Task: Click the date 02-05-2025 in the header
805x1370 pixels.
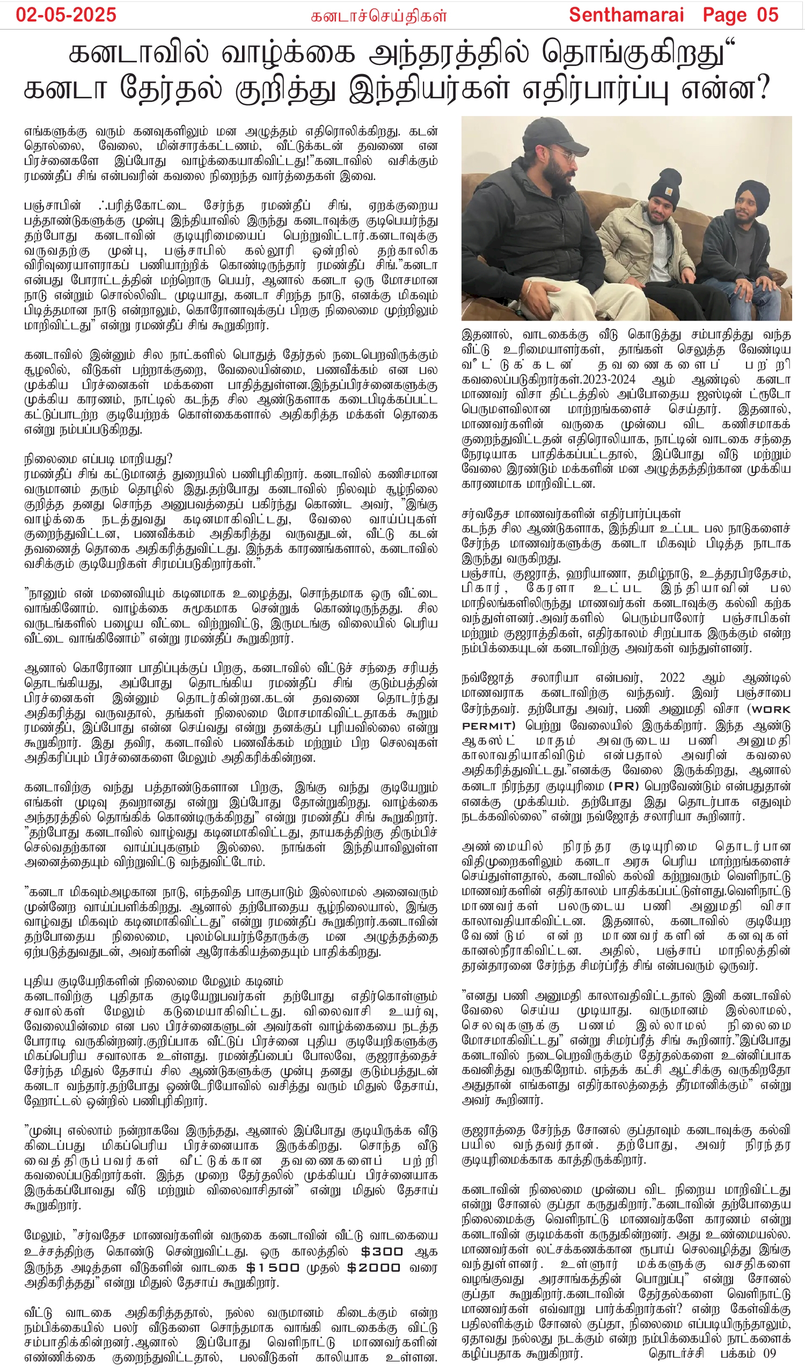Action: tap(65, 15)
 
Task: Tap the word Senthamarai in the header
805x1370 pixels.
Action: tap(626, 15)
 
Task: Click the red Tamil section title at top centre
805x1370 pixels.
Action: tap(378, 16)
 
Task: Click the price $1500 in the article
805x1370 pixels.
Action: tap(273, 1267)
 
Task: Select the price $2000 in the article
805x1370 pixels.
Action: tap(374, 1267)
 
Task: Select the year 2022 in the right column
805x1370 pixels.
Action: tap(672, 677)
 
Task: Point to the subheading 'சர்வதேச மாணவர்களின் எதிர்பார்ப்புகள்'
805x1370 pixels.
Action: tap(571, 513)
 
